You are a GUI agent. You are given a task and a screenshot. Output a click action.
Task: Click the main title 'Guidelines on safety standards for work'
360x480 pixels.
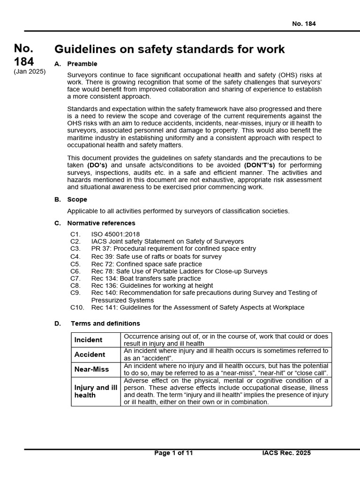(169, 49)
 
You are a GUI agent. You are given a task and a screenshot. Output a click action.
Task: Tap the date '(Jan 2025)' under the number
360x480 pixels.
(30, 71)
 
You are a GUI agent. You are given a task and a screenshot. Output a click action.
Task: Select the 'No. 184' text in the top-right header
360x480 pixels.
(304, 24)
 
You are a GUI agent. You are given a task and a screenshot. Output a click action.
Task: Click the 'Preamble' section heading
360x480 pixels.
(82, 64)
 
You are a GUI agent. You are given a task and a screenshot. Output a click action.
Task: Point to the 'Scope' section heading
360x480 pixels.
(77, 199)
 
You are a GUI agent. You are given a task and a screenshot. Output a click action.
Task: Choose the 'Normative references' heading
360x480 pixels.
(101, 223)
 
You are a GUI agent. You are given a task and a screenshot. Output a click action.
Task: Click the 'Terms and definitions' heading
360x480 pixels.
(105, 323)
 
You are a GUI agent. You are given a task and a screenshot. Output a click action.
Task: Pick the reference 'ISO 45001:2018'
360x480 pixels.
(115, 234)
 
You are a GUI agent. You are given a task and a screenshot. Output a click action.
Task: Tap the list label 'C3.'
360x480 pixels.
(75, 249)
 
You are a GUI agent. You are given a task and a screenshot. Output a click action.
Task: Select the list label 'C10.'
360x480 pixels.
(77, 307)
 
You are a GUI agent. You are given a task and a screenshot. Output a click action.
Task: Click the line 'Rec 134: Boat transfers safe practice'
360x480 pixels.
(146, 278)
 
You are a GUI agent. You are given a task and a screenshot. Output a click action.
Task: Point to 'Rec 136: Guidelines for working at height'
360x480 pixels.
(152, 285)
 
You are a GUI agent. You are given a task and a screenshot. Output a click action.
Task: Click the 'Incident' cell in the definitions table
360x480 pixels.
(89, 340)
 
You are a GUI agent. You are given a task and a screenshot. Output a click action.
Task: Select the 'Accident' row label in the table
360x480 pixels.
(90, 354)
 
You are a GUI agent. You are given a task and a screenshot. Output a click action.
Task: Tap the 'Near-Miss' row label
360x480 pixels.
(91, 369)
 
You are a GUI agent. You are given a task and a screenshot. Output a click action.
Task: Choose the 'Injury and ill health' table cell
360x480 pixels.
(96, 391)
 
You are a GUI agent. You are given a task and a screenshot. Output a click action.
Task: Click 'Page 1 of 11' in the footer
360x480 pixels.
(173, 453)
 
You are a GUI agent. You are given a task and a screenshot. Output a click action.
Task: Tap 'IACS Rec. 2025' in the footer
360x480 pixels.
(286, 453)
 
